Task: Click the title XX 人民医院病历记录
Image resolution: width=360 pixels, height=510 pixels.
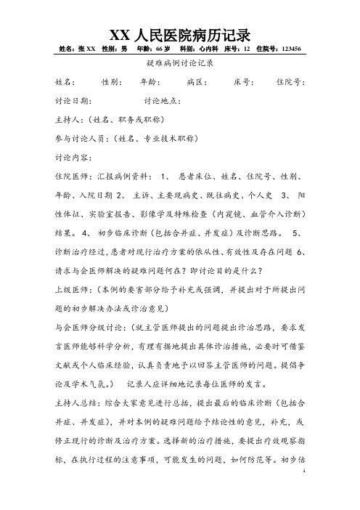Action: pyautogui.click(x=179, y=34)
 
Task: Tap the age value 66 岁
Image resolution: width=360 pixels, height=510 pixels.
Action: pyautogui.click(x=162, y=49)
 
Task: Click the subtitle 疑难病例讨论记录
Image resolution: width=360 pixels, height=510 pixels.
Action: pyautogui.click(x=179, y=64)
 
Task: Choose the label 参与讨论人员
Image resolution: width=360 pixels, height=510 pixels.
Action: pyautogui.click(x=81, y=137)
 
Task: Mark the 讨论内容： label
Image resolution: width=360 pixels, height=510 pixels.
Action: pyautogui.click(x=73, y=155)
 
